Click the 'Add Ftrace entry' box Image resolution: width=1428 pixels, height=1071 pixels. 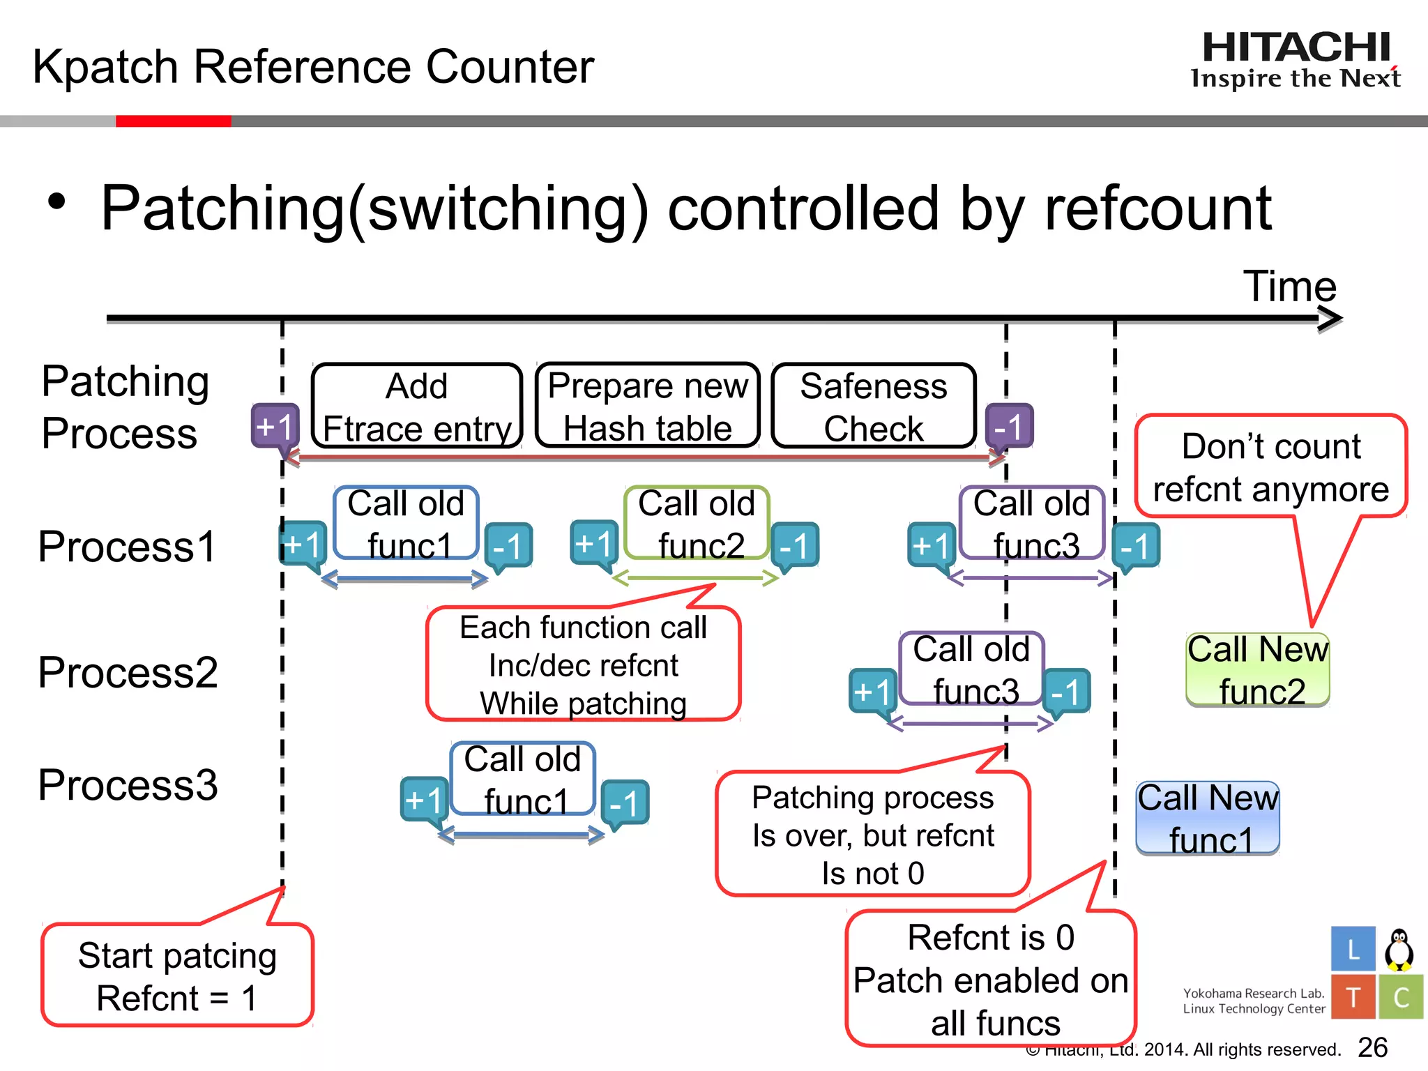[417, 407]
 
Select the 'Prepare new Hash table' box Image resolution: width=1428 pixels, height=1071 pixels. [647, 406]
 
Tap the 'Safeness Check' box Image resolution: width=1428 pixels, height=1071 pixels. [873, 407]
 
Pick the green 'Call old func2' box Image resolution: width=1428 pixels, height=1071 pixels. [697, 523]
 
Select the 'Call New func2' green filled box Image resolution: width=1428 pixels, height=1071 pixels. [1258, 670]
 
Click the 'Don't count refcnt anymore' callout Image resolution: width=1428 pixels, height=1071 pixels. [1270, 466]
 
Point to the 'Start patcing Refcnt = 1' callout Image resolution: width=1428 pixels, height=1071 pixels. [177, 975]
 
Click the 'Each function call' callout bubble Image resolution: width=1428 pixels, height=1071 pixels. [583, 664]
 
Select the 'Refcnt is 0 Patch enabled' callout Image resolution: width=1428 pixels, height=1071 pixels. [991, 979]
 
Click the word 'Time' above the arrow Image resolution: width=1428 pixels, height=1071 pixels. [1289, 286]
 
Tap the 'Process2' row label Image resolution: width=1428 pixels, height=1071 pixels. [128, 672]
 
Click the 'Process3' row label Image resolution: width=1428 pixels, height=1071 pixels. [128, 784]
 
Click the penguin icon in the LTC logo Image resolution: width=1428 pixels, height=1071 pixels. [1399, 950]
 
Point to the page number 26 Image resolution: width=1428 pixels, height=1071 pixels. [1372, 1047]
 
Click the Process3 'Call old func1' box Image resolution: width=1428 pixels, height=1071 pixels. [522, 779]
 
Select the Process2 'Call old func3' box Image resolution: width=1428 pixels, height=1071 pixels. [971, 669]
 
